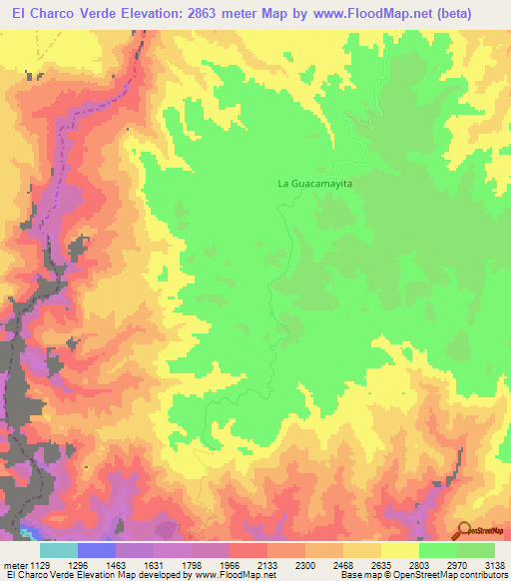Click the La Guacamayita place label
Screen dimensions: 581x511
[316, 185]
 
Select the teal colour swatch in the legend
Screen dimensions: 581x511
[59, 550]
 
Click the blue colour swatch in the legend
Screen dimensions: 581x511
[97, 550]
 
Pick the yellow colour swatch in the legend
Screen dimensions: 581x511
[400, 550]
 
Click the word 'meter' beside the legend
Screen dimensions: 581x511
[14, 565]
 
